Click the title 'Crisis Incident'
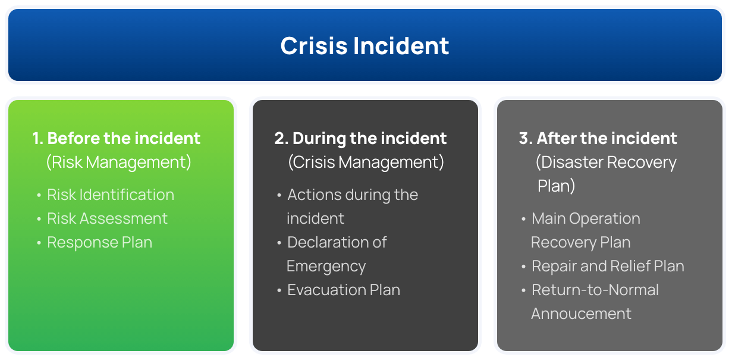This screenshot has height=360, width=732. pos(365,46)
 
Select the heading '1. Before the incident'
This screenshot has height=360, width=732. pos(117,139)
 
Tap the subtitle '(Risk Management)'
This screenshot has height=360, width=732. pos(119,162)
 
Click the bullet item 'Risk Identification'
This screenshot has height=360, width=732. pos(111,195)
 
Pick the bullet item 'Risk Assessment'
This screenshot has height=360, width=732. pos(108,218)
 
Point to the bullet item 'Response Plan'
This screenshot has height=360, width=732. pos(100,242)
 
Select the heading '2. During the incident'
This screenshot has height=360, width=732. pos(360,139)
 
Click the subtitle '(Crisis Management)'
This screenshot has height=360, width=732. pos(366,162)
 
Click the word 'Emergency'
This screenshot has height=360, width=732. pos(326,266)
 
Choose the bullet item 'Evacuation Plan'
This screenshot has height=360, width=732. pos(344,290)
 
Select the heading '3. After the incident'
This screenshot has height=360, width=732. pos(598,139)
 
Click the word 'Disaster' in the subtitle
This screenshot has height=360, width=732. pos(571,162)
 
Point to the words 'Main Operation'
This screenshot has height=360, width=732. pos(586,218)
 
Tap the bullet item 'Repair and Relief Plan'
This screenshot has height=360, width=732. pos(608,266)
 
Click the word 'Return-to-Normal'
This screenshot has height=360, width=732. pos(595,290)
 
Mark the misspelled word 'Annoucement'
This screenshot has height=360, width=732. pos(581,314)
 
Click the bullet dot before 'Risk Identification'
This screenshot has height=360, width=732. pos(39,195)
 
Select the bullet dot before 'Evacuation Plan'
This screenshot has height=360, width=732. pos(279,290)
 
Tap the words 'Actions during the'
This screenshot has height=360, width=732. pos(353,195)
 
